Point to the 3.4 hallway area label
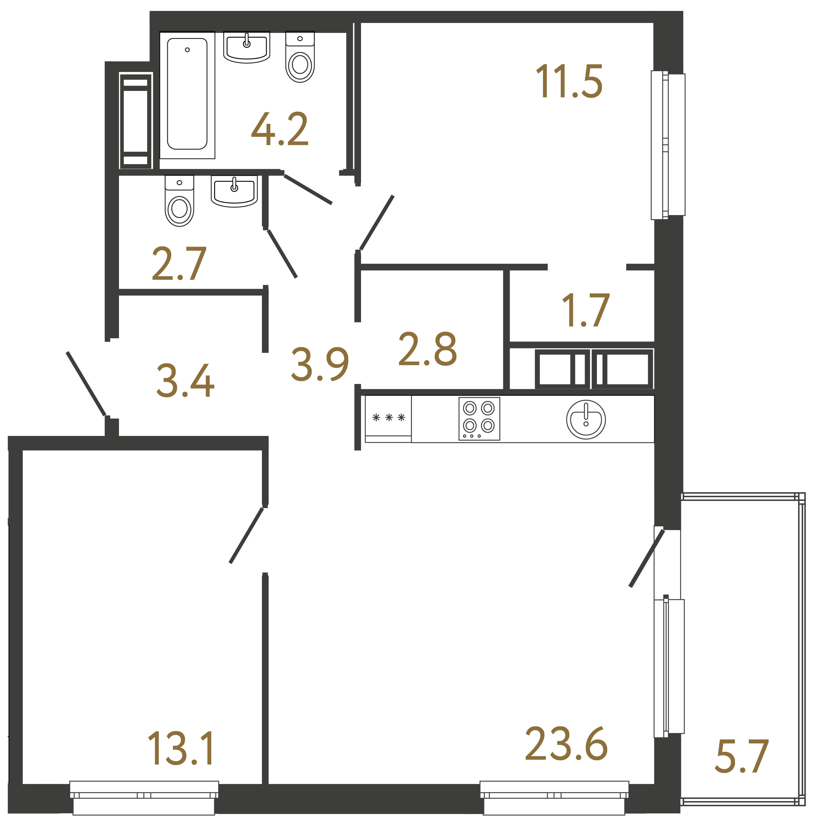tap(185, 381)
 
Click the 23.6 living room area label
tap(566, 744)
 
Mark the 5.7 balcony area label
tap(742, 757)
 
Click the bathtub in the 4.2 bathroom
tap(187, 94)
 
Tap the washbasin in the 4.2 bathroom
tap(247, 47)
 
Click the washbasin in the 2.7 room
tap(234, 191)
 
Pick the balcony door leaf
tap(647, 558)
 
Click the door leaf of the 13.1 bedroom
tap(247, 535)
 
